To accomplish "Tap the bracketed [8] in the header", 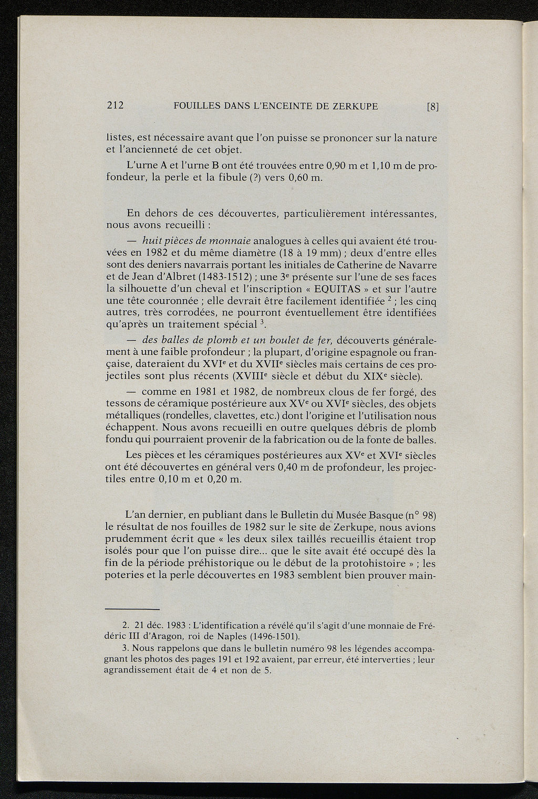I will pyautogui.click(x=432, y=106).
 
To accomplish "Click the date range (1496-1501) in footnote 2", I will pyautogui.click(x=274, y=637).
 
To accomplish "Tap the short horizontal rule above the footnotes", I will pyautogui.click(x=132, y=609).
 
